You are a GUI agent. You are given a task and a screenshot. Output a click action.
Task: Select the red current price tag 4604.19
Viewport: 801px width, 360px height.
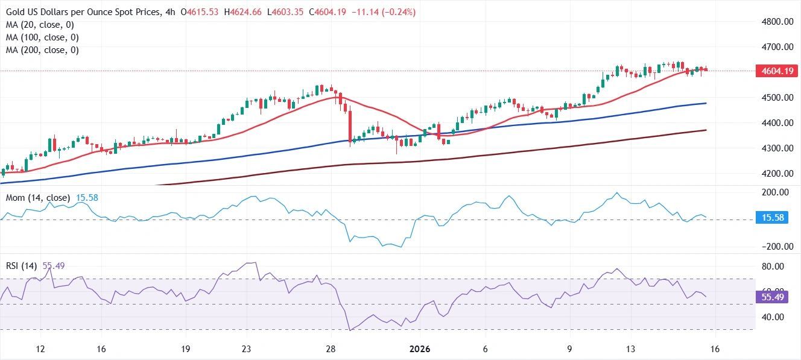(773, 71)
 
